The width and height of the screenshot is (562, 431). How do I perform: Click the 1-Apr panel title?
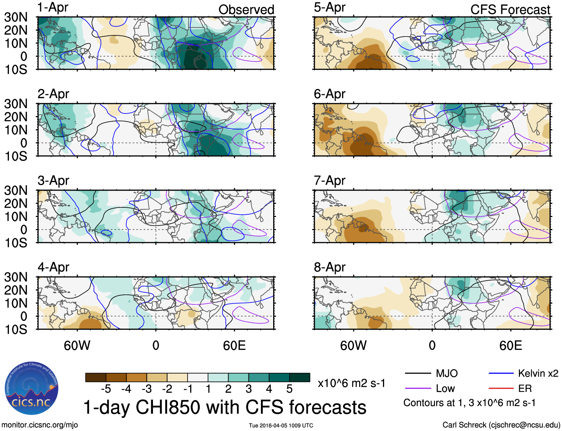tap(53, 7)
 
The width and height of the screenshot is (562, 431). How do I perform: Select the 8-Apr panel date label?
tap(329, 267)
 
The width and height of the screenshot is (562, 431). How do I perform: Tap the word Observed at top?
tap(246, 10)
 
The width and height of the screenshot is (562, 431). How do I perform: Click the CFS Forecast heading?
tap(510, 10)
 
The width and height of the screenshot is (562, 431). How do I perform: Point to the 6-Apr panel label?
tap(329, 94)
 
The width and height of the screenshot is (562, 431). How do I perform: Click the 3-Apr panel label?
tap(53, 181)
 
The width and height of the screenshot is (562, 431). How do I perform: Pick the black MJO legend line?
tap(418, 373)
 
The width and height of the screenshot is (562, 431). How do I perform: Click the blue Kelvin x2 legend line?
tap(501, 373)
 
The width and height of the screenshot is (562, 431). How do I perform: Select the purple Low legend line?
tap(418, 389)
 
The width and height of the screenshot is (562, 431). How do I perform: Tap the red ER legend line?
tap(501, 389)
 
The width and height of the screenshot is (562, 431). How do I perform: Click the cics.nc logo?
tap(32, 389)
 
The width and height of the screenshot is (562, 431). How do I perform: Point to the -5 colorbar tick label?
tap(106, 389)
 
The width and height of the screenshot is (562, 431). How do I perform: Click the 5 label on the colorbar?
tap(290, 389)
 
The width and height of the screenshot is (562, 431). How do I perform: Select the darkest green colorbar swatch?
tap(300, 377)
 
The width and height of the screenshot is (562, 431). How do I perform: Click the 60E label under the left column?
tap(234, 346)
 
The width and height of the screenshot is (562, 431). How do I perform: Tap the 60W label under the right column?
tap(353, 346)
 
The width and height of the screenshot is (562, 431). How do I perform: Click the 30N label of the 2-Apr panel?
tap(16, 104)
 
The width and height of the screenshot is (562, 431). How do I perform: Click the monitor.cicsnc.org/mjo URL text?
tap(40, 425)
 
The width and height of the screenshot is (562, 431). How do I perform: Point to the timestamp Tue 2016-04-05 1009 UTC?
tap(281, 425)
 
